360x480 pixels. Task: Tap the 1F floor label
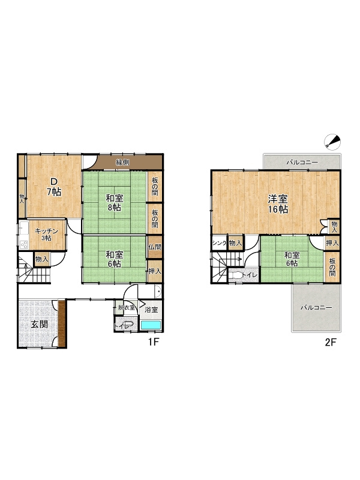click(x=153, y=344)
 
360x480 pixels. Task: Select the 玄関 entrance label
click(x=39, y=324)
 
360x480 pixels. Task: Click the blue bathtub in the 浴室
click(x=151, y=325)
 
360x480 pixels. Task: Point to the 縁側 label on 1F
click(x=123, y=163)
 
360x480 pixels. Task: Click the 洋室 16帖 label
click(x=278, y=204)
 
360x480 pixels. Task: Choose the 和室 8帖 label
click(x=115, y=203)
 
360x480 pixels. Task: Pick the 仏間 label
click(x=154, y=247)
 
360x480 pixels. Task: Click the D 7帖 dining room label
click(x=53, y=187)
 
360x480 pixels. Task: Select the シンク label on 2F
click(x=218, y=243)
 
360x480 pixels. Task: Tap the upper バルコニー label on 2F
click(x=301, y=163)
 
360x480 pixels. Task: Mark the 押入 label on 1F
click(x=154, y=271)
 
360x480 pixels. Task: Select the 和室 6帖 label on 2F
click(x=291, y=258)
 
